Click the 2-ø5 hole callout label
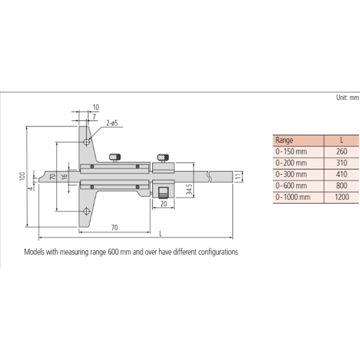tap(112, 123)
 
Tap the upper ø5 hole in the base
tap(86, 142)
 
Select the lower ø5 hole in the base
tap(86, 211)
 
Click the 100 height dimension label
tap(22, 176)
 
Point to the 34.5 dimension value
tap(189, 189)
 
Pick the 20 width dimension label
tap(164, 204)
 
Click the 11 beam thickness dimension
tap(238, 176)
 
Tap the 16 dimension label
tap(65, 176)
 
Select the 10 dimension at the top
tap(96, 107)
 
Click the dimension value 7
tap(94, 117)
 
